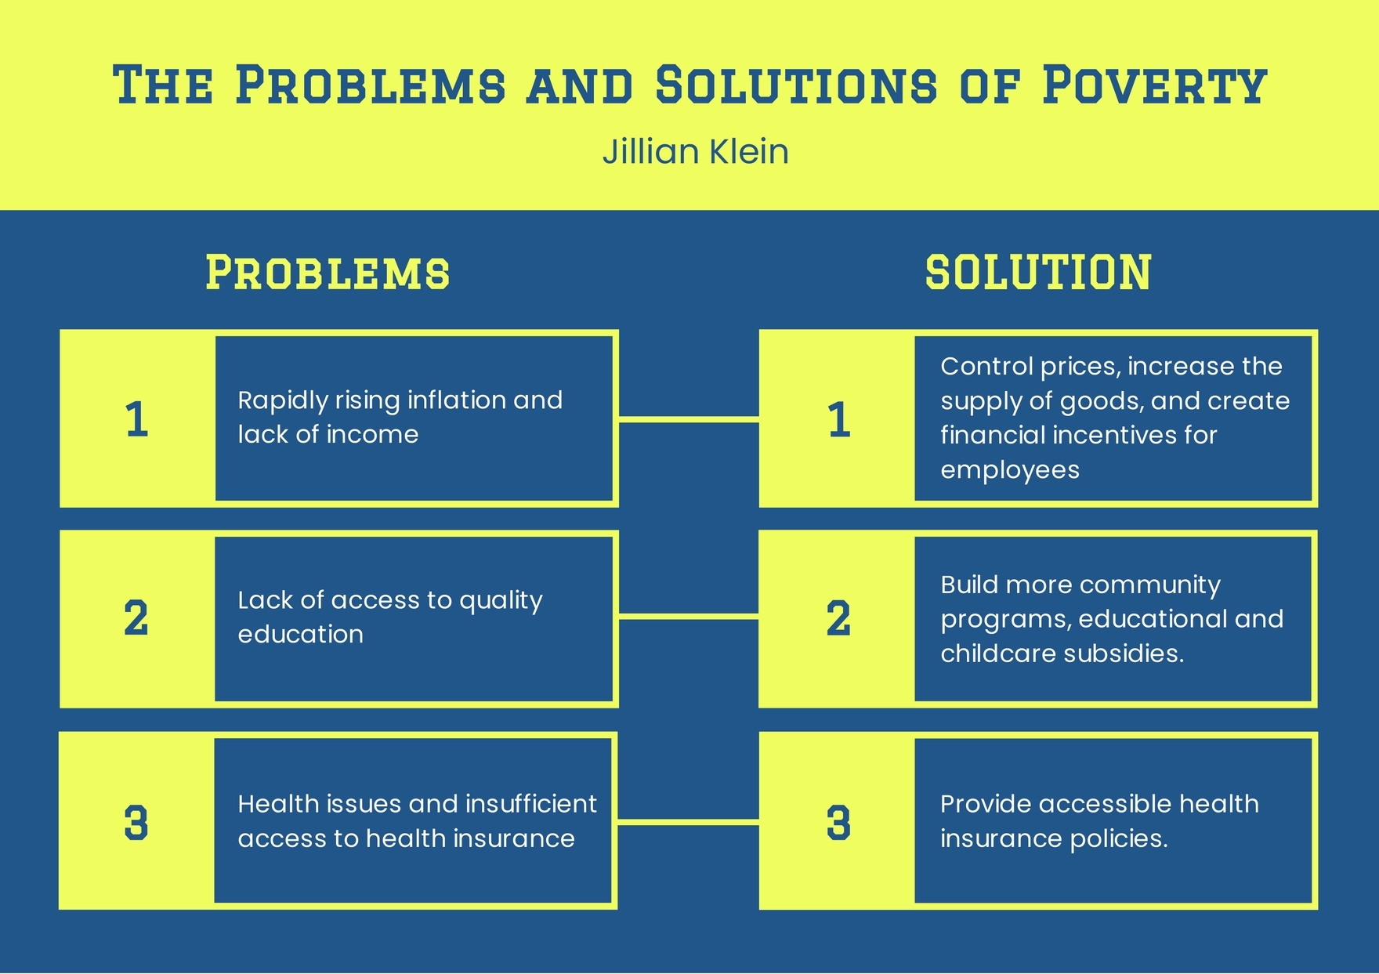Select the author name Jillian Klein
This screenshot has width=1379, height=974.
click(x=695, y=151)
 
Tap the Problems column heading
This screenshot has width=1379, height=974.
click(x=328, y=273)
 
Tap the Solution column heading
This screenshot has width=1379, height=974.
click(x=1038, y=273)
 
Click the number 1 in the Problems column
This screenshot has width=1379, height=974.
click(x=136, y=419)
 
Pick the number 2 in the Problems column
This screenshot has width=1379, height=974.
click(x=136, y=618)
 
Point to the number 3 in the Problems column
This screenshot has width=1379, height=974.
click(x=136, y=823)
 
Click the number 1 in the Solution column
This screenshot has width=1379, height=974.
click(x=838, y=419)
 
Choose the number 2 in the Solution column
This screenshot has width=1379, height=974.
click(x=838, y=618)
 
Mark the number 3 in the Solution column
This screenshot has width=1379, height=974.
click(x=838, y=823)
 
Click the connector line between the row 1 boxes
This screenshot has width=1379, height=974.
click(x=689, y=419)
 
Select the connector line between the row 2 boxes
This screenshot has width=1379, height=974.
click(x=689, y=617)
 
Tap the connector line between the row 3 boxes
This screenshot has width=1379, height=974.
click(x=689, y=821)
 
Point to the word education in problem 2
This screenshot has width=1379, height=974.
click(x=300, y=634)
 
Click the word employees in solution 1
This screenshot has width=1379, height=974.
click(x=1009, y=470)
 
